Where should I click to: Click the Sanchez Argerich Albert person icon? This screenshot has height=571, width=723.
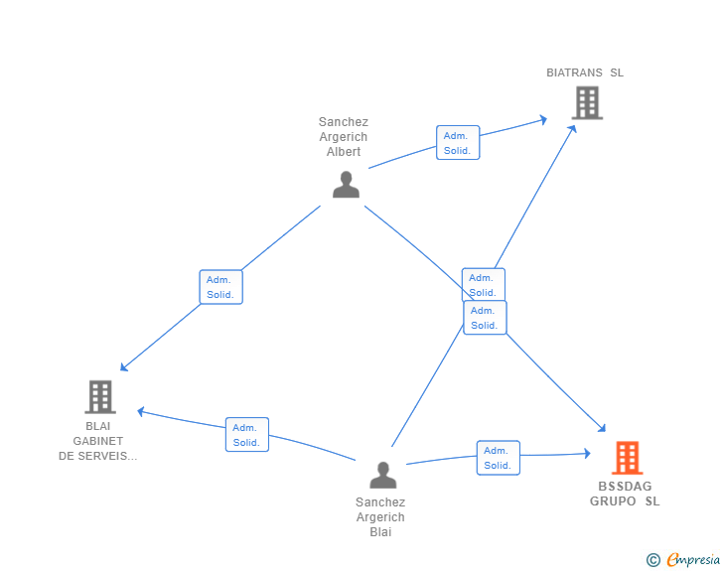[346, 185]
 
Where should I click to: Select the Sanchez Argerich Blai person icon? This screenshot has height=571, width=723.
[382, 475]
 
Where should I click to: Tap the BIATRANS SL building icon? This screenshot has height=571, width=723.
[587, 103]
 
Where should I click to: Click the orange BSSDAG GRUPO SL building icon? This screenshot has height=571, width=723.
[627, 458]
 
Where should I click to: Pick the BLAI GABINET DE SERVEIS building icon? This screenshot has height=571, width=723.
[100, 396]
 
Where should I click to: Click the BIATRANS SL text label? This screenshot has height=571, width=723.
[585, 72]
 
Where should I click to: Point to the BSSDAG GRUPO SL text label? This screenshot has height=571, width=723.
[625, 494]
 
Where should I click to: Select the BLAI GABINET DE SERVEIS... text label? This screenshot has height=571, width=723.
[97, 441]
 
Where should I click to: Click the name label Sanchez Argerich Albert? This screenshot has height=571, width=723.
[344, 136]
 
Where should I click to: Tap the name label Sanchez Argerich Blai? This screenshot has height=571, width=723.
[380, 516]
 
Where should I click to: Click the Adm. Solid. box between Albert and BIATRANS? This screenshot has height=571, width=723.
[458, 143]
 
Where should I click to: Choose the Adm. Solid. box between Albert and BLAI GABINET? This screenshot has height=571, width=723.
[220, 287]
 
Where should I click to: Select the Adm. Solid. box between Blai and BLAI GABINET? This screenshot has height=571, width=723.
[247, 435]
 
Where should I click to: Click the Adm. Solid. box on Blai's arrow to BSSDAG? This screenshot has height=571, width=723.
[498, 458]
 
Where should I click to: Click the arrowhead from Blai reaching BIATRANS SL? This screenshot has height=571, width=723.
[573, 129]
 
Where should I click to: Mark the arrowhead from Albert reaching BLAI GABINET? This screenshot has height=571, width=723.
[123, 367]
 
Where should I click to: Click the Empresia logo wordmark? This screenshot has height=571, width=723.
[693, 559]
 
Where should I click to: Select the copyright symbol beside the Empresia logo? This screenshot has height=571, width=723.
[652, 560]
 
